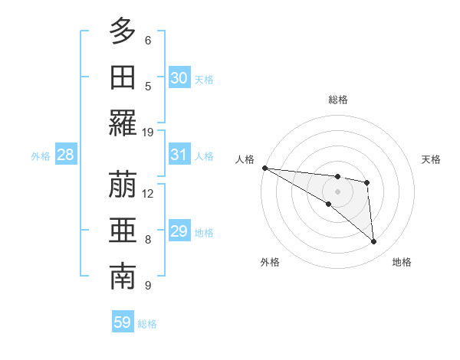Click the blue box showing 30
[x=179, y=78]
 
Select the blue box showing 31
[x=179, y=155]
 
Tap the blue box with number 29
[x=179, y=231]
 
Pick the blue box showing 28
[x=66, y=155]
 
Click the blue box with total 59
[x=123, y=322]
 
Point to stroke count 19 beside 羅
[x=148, y=132]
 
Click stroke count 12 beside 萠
[x=148, y=193]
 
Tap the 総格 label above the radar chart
[x=338, y=100]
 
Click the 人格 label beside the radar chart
[x=245, y=159]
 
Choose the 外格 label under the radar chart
[x=270, y=262]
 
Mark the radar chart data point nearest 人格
[x=264, y=168]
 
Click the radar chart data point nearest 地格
[x=373, y=242]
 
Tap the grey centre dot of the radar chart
[x=338, y=191]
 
